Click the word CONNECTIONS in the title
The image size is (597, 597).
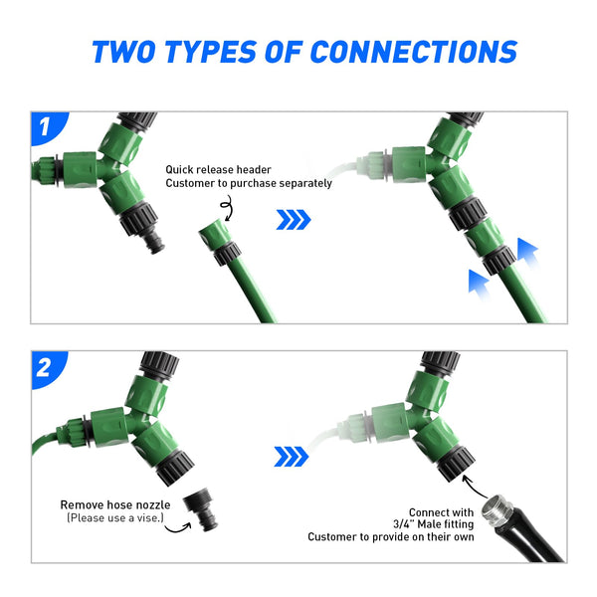tap(414, 52)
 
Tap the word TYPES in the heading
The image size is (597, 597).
tap(210, 52)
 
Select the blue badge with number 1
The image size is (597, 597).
tap(48, 127)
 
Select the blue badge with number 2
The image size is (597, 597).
tap(48, 368)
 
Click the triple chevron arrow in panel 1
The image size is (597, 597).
tap(294, 220)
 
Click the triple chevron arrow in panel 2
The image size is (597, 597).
tap(292, 457)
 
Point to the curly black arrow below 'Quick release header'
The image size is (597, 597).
tap(227, 208)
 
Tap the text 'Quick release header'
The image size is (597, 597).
tap(218, 169)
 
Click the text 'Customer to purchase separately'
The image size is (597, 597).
tap(249, 183)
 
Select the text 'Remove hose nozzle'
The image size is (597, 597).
tap(115, 504)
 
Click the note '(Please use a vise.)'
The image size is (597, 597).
tap(115, 517)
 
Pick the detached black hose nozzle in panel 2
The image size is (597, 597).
tap(201, 509)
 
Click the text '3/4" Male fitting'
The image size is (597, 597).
tap(434, 524)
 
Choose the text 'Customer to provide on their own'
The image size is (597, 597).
tap(391, 537)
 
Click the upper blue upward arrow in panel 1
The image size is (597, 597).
tap(528, 253)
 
